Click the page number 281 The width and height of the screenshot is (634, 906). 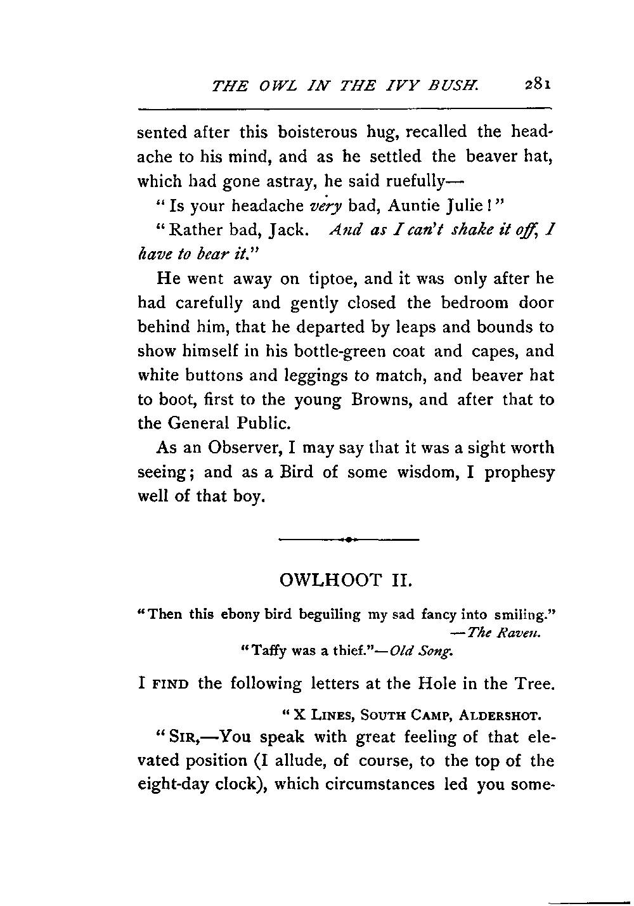(538, 85)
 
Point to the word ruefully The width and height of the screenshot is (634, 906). (406, 181)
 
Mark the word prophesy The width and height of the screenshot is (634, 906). (519, 473)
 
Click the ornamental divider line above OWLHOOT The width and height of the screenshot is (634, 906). (348, 540)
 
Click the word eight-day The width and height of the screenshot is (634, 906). (172, 784)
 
